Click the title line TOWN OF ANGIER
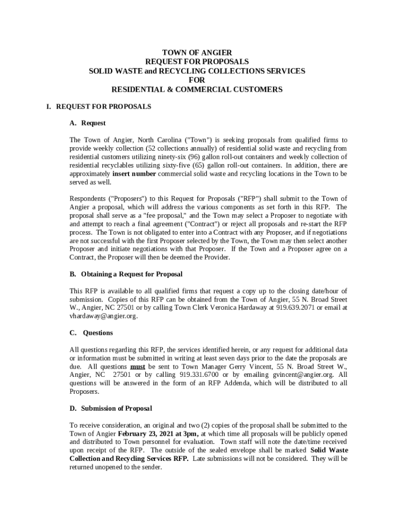197,53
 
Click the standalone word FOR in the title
197,80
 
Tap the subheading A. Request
87,123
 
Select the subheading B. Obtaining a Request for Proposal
126,274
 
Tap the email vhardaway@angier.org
103,316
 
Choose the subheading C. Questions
91,333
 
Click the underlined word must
137,367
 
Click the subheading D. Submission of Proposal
111,409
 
